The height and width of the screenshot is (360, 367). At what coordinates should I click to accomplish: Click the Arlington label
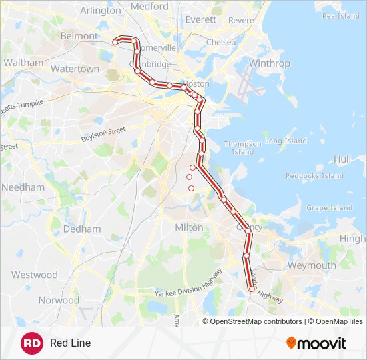100,11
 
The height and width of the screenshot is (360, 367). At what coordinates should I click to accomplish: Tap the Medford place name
149,6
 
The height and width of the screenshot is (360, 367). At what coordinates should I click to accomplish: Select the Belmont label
79,36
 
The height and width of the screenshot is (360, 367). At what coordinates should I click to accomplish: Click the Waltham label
23,63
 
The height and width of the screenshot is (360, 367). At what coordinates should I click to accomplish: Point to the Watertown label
75,69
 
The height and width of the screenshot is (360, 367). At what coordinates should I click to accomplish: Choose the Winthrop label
269,63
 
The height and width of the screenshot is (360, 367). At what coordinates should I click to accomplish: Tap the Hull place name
342,159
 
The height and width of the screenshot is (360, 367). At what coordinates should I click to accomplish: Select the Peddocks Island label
314,176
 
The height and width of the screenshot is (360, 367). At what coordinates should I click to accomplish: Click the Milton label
189,227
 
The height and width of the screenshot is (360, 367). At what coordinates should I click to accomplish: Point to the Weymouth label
312,265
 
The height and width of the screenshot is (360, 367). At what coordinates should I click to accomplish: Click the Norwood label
58,300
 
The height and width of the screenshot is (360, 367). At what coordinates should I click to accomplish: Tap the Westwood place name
34,275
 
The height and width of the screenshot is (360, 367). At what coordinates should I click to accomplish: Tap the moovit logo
316,343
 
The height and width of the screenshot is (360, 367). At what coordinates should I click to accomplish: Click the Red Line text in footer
70,343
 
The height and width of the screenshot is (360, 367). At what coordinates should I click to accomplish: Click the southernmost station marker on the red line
252,289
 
